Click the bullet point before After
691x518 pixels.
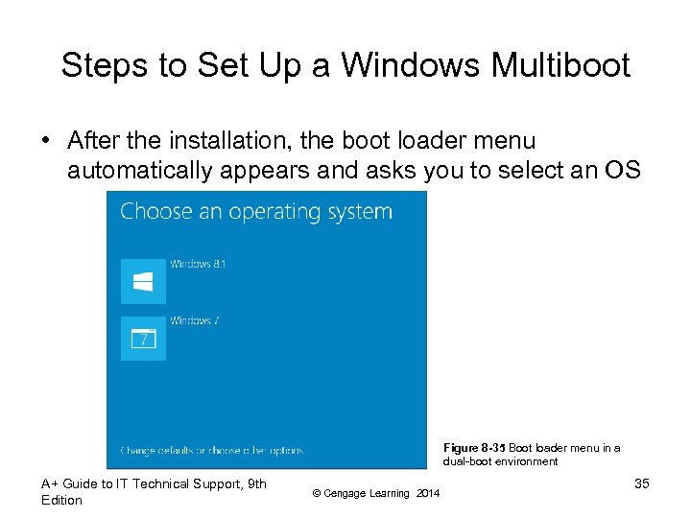(45, 141)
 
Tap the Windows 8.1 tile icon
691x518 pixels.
(143, 281)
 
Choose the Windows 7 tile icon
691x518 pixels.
(143, 339)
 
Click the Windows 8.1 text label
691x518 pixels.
(199, 264)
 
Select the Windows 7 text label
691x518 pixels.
(195, 320)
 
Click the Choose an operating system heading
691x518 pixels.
(256, 212)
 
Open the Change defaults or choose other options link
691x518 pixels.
(211, 450)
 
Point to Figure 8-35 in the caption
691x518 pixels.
(473, 448)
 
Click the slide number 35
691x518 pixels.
(641, 483)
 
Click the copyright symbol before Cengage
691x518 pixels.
(316, 493)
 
